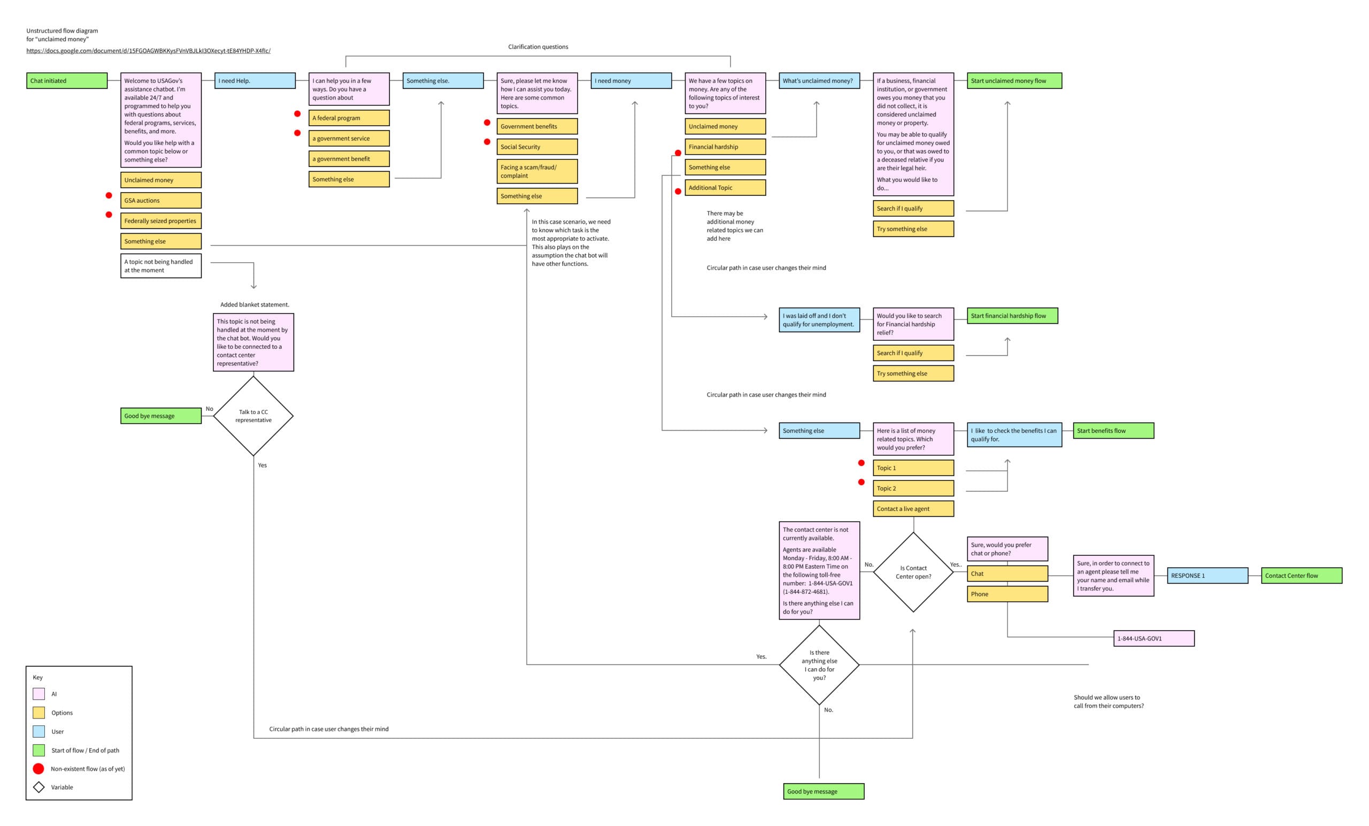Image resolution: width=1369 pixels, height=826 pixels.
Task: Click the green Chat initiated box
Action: click(x=67, y=81)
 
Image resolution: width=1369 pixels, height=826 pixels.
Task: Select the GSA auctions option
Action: click(x=161, y=200)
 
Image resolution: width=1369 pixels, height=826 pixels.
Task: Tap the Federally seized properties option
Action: click(x=161, y=220)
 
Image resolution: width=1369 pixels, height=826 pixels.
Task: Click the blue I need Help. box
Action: click(x=255, y=81)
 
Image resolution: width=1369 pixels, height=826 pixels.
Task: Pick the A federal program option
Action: click(x=349, y=118)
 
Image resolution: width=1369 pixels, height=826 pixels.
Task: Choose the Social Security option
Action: click(x=537, y=147)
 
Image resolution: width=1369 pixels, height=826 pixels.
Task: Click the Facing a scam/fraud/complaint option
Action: click(x=537, y=171)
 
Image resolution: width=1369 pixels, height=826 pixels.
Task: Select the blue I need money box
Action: click(x=631, y=81)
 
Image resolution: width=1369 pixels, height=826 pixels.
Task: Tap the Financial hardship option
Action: click(x=725, y=147)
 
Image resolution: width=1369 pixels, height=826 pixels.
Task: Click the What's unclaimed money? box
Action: click(x=819, y=81)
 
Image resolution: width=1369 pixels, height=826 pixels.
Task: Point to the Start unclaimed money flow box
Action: click(x=1014, y=81)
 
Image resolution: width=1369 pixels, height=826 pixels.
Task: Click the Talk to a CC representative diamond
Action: click(x=253, y=416)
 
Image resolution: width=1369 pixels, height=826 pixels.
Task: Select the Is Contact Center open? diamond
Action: click(x=913, y=572)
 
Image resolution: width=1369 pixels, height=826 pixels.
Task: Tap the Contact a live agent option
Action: click(x=913, y=509)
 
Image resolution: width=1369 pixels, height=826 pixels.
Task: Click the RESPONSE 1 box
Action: click(x=1208, y=575)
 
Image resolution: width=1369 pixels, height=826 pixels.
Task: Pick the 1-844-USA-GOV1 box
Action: click(x=1154, y=638)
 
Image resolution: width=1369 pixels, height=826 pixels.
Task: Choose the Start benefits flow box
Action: click(x=1113, y=430)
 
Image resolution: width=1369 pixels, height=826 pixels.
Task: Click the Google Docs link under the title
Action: click(x=148, y=51)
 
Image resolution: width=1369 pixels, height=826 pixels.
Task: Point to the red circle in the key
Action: click(x=39, y=769)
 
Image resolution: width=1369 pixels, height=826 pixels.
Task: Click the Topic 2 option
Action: click(x=913, y=488)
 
